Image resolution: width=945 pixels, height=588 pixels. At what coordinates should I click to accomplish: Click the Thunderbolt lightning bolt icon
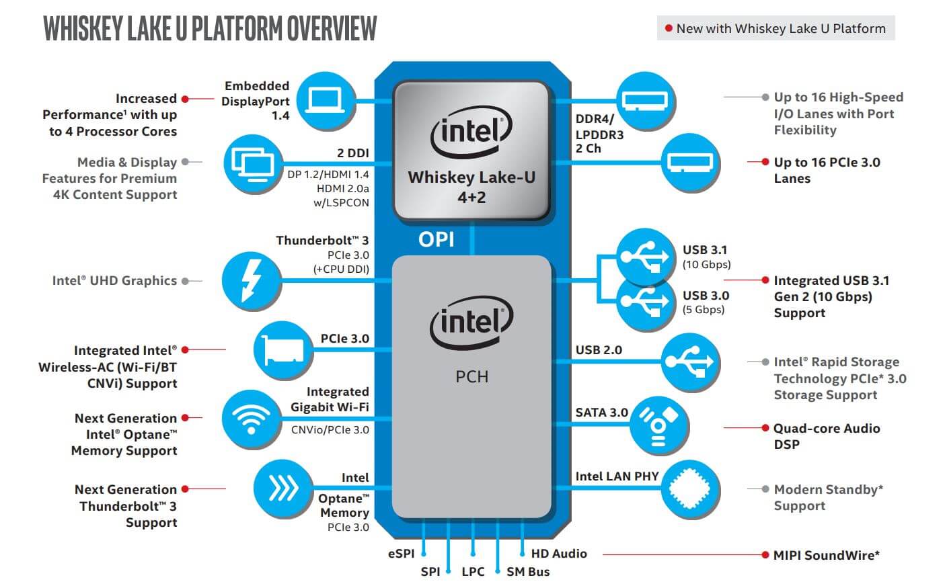point(252,281)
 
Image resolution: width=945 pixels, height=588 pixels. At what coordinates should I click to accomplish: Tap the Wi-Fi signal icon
point(252,419)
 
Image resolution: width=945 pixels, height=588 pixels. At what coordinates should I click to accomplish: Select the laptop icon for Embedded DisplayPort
point(326,101)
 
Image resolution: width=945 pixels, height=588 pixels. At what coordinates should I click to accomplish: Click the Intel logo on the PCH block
point(471,323)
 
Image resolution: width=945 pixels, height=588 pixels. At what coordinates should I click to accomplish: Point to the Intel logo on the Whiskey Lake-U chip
point(471,132)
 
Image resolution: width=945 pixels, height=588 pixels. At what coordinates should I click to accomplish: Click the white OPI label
point(437,239)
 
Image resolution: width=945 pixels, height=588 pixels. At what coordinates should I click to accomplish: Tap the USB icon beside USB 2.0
point(690,362)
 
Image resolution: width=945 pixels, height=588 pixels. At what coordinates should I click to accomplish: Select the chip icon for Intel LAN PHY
point(690,489)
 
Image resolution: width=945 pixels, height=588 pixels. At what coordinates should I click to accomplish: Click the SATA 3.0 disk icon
point(658,425)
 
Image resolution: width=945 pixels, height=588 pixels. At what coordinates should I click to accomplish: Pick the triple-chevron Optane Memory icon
point(283,489)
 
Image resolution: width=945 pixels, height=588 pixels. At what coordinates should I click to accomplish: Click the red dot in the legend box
point(669,28)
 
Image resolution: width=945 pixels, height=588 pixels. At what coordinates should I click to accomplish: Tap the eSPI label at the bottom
point(401,554)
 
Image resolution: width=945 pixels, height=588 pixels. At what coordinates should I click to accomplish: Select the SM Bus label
point(528,572)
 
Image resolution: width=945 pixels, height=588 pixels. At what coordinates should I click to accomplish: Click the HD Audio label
point(559,554)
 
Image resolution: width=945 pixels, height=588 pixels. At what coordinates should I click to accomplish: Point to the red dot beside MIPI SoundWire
point(765,554)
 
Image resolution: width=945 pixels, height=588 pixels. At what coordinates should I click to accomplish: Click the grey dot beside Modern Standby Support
point(765,489)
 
